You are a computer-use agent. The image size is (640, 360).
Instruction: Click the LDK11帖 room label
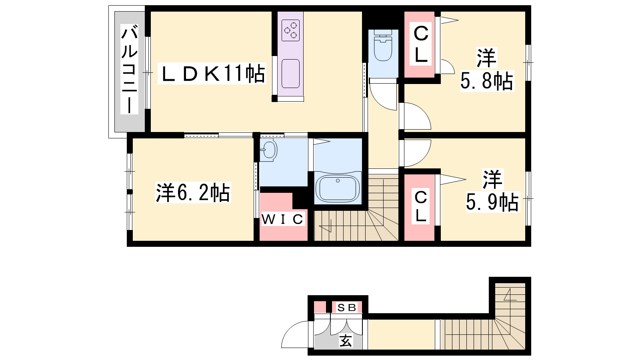[x=212, y=74]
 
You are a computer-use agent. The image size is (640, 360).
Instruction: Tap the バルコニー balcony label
[x=130, y=69]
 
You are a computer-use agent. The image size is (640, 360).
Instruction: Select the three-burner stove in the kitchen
[x=290, y=30]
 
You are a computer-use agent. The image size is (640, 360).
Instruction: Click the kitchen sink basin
[x=290, y=74]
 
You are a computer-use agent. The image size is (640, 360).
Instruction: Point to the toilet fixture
[x=383, y=45]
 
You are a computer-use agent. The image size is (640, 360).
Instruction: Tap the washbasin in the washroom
[x=269, y=150]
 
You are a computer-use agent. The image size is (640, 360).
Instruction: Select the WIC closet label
[x=282, y=220]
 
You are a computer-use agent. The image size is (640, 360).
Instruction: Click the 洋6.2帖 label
[x=193, y=192]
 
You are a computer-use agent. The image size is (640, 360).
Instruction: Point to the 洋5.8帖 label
[x=487, y=70]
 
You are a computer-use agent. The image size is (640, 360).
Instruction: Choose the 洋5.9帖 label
[x=492, y=190]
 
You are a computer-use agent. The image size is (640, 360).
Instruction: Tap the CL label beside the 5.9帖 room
[x=420, y=206]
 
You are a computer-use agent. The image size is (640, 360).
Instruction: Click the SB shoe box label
[x=347, y=308]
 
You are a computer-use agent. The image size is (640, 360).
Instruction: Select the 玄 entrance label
[x=346, y=340]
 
